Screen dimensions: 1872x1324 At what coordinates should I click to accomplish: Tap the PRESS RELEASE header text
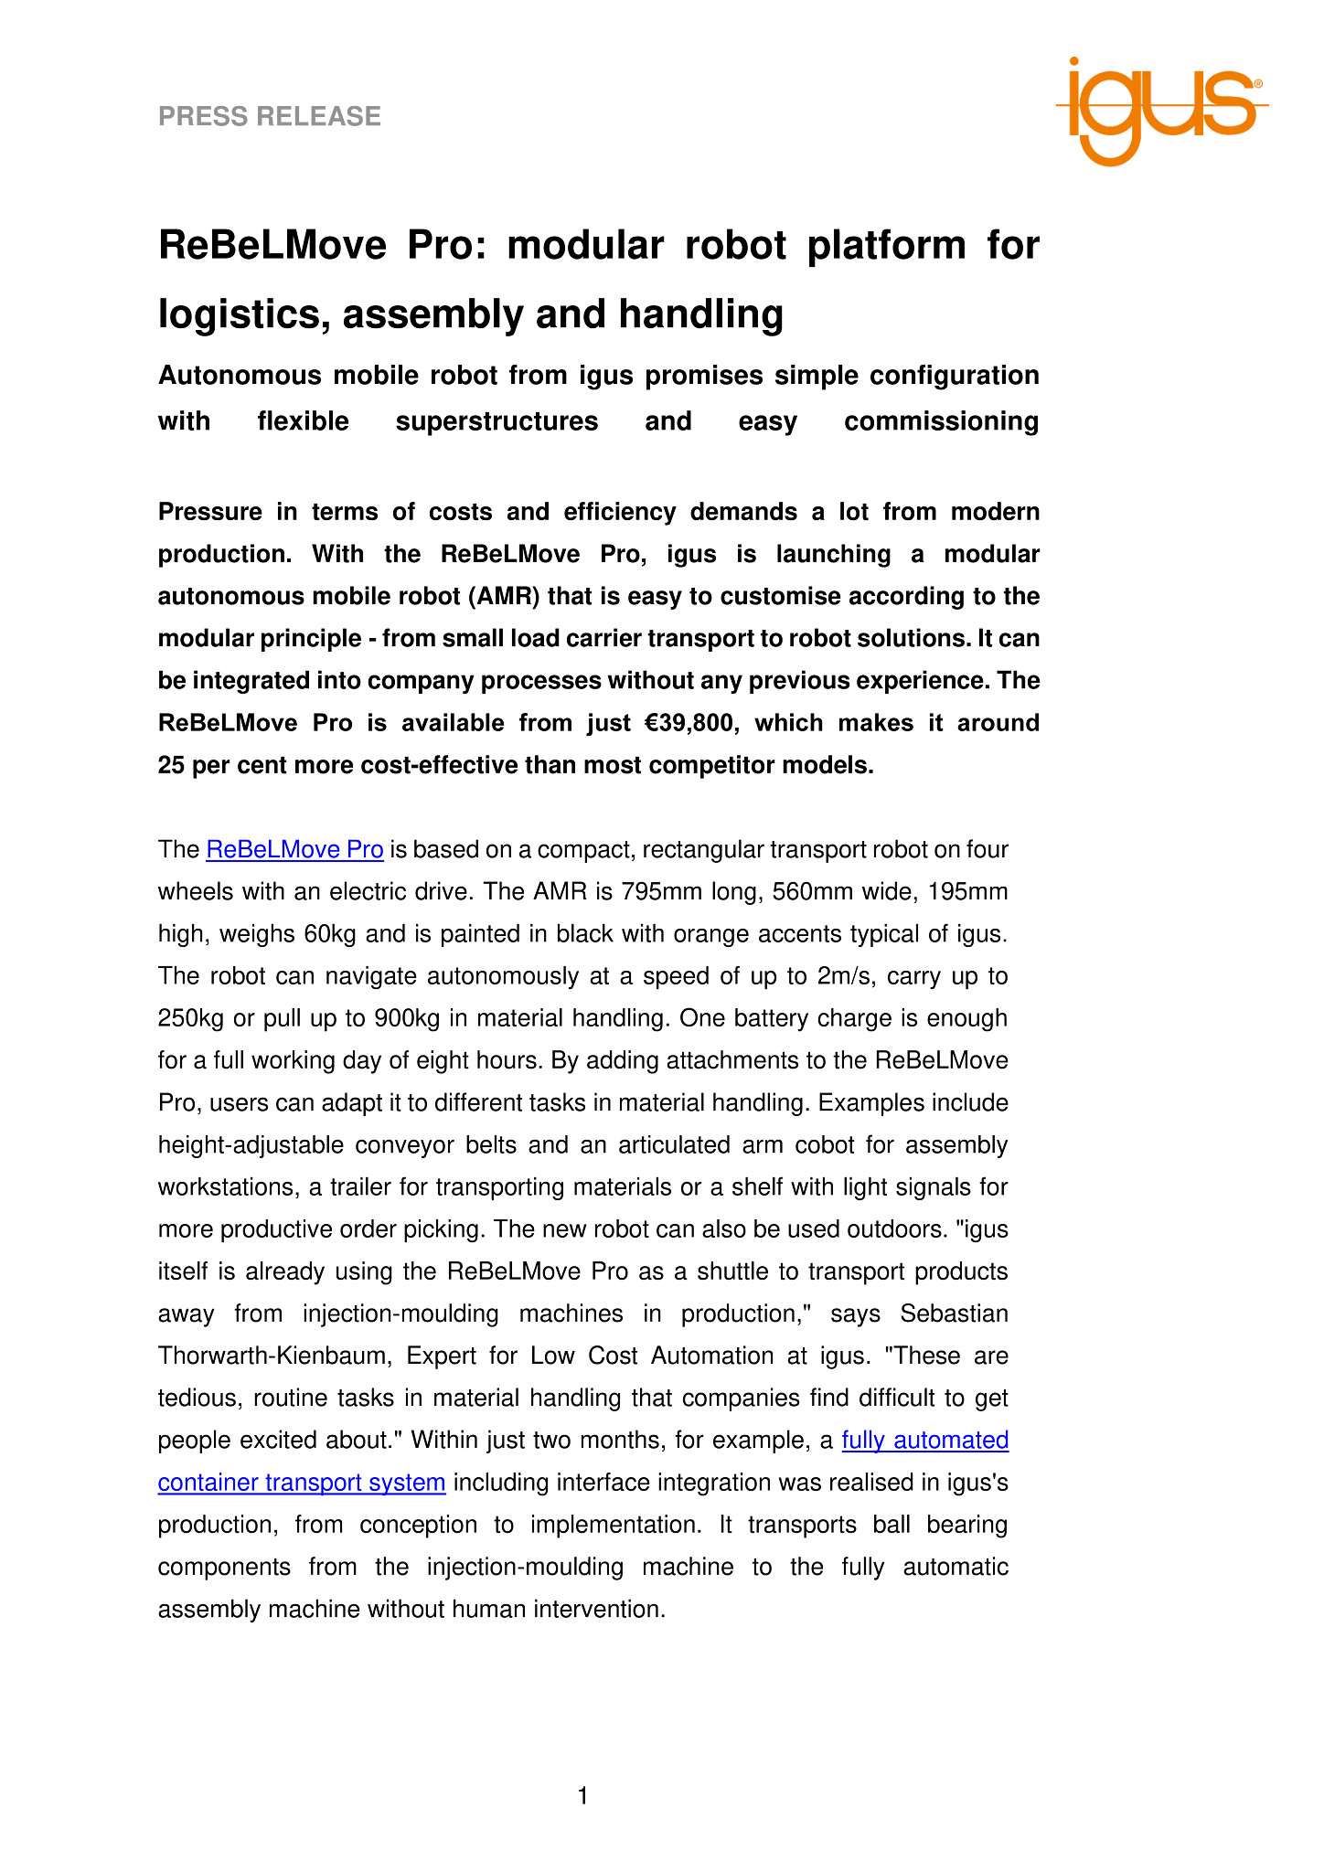[270, 116]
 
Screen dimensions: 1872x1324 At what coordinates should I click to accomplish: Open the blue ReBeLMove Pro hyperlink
[294, 850]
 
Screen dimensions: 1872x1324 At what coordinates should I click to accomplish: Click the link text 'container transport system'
[302, 1482]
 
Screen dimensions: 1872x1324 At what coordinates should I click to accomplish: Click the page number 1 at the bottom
[583, 1797]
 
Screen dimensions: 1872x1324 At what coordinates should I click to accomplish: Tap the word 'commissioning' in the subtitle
[941, 421]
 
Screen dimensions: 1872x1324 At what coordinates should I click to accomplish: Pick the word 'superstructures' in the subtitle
[496, 421]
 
